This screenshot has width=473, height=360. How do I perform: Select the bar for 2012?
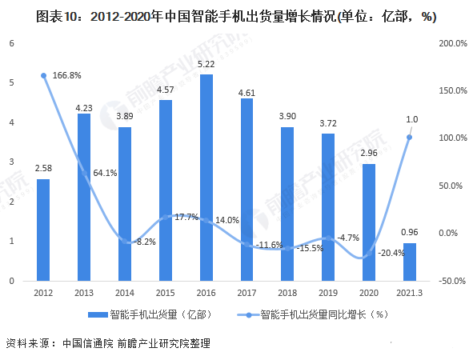pos(43,230)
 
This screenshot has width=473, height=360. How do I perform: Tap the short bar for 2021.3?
pos(409,262)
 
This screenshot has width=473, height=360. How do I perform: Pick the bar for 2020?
pos(368,222)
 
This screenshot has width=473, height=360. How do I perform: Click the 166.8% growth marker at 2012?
pos(43,76)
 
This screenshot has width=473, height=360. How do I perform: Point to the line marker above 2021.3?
pos(409,137)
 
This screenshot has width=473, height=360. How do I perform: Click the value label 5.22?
pos(206,64)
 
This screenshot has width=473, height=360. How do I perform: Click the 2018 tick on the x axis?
pos(287,294)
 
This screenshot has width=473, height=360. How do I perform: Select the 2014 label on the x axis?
pos(125,294)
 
